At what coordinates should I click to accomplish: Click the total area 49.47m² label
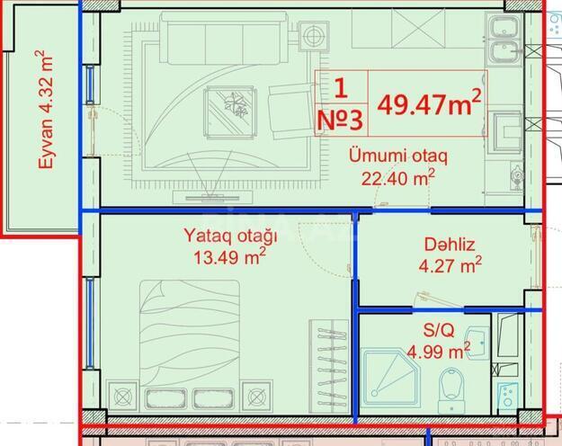[x=428, y=103]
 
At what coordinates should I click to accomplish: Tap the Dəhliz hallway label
[x=449, y=244]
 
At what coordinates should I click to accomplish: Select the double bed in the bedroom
[x=190, y=342]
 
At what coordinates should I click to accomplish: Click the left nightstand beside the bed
[x=122, y=394]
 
